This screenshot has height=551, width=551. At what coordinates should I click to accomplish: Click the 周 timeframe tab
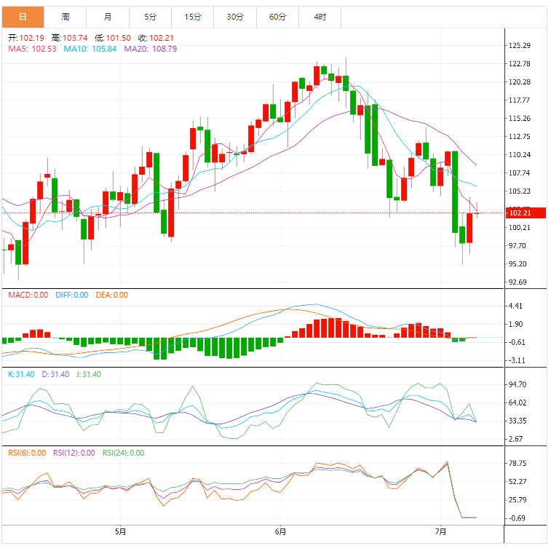click(x=66, y=17)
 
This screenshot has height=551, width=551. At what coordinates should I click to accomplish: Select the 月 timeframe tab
click(x=108, y=17)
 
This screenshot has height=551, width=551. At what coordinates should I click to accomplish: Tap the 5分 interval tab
click(x=150, y=17)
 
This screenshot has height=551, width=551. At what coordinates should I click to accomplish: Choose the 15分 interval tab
click(x=193, y=17)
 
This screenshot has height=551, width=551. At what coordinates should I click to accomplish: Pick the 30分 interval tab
click(x=235, y=17)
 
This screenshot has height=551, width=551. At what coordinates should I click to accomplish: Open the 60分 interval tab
click(x=277, y=17)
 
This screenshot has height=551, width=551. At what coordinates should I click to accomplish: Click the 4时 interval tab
click(x=320, y=17)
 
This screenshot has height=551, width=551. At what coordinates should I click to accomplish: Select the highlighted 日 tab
click(x=23, y=17)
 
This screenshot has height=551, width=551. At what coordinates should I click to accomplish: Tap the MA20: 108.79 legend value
click(x=151, y=49)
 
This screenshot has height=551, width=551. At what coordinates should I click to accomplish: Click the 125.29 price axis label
click(x=520, y=45)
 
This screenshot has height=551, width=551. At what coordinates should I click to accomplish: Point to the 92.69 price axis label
click(x=518, y=282)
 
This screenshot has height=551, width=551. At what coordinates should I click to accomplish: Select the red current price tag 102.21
click(x=520, y=213)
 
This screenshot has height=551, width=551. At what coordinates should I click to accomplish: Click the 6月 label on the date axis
click(x=280, y=532)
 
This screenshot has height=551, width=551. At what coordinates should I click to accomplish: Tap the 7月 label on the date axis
click(x=440, y=532)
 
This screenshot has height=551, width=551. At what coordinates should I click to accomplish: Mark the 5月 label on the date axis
click(x=121, y=532)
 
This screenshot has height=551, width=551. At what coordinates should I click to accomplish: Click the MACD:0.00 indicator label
click(x=28, y=295)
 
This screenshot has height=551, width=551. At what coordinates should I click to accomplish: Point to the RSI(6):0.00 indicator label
click(x=26, y=453)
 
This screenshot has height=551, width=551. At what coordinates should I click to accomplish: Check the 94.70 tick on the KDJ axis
click(x=518, y=384)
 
